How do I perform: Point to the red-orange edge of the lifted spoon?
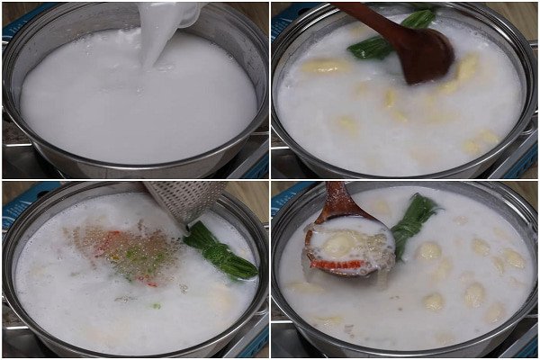[333, 265]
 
